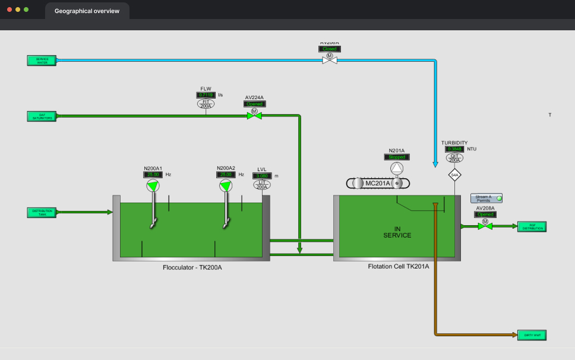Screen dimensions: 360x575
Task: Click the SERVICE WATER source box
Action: click(x=42, y=60)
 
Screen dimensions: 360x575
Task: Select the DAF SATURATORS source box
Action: click(x=42, y=116)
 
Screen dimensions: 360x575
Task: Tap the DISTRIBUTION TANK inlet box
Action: click(x=42, y=212)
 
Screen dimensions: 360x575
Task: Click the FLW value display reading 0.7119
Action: click(x=206, y=95)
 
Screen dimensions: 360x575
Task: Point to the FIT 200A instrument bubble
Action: click(x=206, y=103)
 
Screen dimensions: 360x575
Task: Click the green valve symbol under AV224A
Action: click(x=254, y=116)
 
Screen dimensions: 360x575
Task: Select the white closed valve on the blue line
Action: click(x=329, y=60)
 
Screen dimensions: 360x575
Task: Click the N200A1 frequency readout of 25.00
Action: click(x=153, y=175)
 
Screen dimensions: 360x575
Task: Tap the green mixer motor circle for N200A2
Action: click(x=225, y=187)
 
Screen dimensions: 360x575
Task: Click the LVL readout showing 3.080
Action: click(x=262, y=176)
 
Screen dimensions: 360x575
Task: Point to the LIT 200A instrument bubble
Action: click(x=262, y=185)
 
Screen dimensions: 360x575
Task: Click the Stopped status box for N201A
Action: click(x=396, y=157)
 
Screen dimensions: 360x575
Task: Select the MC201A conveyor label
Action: click(x=378, y=184)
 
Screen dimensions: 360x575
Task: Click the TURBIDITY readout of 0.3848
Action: click(x=454, y=149)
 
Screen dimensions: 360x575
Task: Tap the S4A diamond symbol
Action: click(x=454, y=175)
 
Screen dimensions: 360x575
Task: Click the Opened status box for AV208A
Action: click(x=485, y=214)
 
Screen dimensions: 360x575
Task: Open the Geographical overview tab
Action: click(x=87, y=11)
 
